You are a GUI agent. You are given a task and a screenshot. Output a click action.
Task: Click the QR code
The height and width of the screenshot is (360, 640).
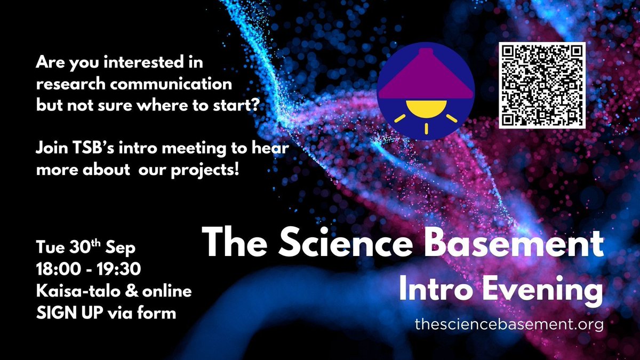(x=542, y=85)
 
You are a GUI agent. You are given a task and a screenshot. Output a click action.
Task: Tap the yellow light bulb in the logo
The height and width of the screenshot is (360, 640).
(x=425, y=109)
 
